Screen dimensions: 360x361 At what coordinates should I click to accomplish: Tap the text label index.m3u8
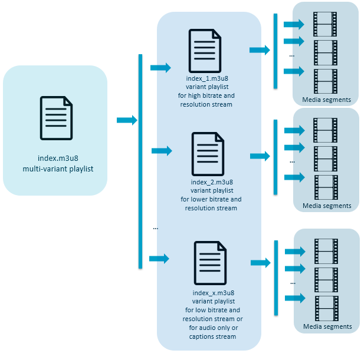tap(56, 158)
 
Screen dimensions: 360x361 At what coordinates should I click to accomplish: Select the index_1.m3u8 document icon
tap(205, 51)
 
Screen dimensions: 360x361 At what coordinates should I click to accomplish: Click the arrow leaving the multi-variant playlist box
tap(126, 120)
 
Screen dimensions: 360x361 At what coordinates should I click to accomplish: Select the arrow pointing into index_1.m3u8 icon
tap(160, 67)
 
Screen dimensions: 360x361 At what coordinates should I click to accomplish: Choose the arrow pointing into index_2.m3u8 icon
tap(161, 151)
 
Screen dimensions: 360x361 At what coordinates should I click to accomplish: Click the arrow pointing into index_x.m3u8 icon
tap(159, 258)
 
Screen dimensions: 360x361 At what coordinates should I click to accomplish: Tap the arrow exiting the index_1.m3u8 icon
tap(260, 50)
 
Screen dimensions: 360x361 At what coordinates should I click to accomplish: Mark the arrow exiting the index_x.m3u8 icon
tap(261, 262)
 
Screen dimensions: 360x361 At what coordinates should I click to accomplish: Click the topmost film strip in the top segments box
tap(324, 23)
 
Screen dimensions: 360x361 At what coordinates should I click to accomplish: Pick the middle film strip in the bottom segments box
tap(326, 277)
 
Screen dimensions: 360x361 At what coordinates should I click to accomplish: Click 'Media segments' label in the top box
tap(326, 100)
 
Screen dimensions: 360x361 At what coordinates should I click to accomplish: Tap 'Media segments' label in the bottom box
tap(327, 326)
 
